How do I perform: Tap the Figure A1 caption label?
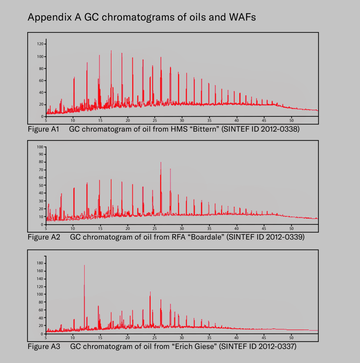(43, 129)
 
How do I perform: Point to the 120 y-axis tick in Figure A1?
(40, 44)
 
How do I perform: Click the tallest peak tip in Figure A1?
(111, 51)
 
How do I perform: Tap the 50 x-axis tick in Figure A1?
(292, 120)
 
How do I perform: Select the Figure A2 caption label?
(44, 237)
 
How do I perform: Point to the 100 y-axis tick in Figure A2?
(40, 147)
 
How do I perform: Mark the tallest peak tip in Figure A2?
(161, 162)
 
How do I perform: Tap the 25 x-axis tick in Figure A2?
(155, 229)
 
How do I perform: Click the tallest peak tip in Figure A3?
(84, 265)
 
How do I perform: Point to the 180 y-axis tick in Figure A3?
(40, 263)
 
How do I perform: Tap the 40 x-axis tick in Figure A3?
(236, 338)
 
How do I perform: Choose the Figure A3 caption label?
(44, 346)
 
